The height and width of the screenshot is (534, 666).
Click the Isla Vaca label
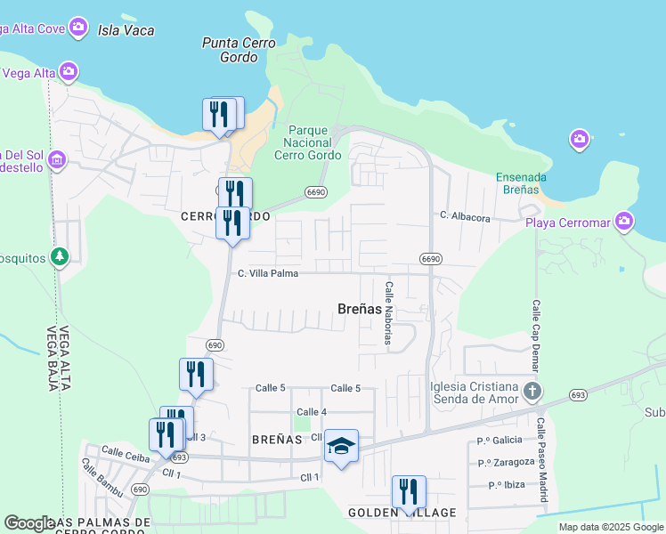pos(126,30)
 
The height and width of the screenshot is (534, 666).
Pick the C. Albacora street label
pos(465,215)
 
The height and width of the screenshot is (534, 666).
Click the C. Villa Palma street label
pos(267,273)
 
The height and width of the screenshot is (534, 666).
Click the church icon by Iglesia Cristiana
pos(532,392)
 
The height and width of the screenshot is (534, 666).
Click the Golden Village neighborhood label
pos(402,513)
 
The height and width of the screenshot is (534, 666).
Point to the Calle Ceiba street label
pos(124,452)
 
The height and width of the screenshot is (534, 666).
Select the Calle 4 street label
pos(312,411)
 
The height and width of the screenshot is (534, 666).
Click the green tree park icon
pos(60,257)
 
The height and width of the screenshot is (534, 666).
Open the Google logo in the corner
pos(29,523)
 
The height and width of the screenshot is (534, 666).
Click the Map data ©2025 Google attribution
pos(610,527)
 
